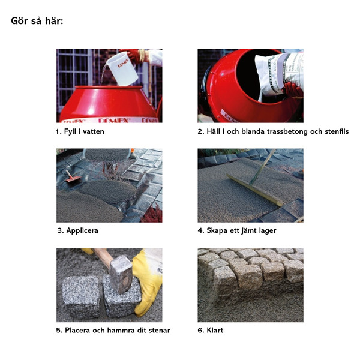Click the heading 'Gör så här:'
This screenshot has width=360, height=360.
[x=37, y=21]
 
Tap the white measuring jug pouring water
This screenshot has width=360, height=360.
[x=122, y=68]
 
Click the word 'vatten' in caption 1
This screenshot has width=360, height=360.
[x=94, y=131]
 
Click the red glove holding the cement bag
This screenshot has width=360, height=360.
[x=293, y=90]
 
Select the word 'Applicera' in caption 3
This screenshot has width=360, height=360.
[x=82, y=230]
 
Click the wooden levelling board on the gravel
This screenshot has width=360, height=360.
[x=255, y=190]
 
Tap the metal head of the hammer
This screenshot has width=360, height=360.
[x=121, y=274]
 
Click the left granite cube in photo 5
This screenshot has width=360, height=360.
[x=81, y=297]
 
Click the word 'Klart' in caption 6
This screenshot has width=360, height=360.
[x=215, y=331]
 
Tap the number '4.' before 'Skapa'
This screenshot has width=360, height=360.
[x=201, y=230]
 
